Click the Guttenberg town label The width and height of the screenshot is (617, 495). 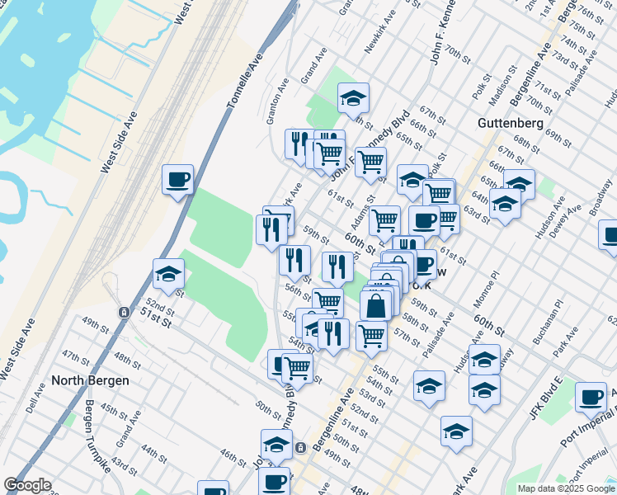click(510, 123)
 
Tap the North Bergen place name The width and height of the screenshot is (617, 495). click(90, 380)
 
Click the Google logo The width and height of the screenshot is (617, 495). click(28, 485)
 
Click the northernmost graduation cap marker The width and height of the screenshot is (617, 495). click(353, 99)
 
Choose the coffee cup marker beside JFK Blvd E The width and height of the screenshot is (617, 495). click(591, 398)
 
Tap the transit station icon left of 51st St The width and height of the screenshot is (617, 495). click(124, 313)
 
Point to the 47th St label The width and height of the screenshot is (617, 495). click(75, 357)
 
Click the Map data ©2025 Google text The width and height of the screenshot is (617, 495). click(566, 488)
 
